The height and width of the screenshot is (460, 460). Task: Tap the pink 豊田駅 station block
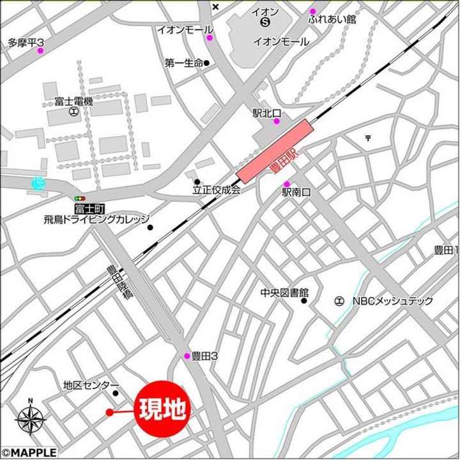[x=275, y=151]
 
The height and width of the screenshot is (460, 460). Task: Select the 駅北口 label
[x=264, y=113]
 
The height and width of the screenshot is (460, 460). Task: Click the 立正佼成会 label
[x=217, y=190]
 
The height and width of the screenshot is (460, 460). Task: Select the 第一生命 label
[x=183, y=63]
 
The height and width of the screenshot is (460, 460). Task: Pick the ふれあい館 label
[x=332, y=20]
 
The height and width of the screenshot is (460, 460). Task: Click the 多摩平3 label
[x=26, y=43]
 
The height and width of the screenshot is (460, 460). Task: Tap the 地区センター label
[x=91, y=385]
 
